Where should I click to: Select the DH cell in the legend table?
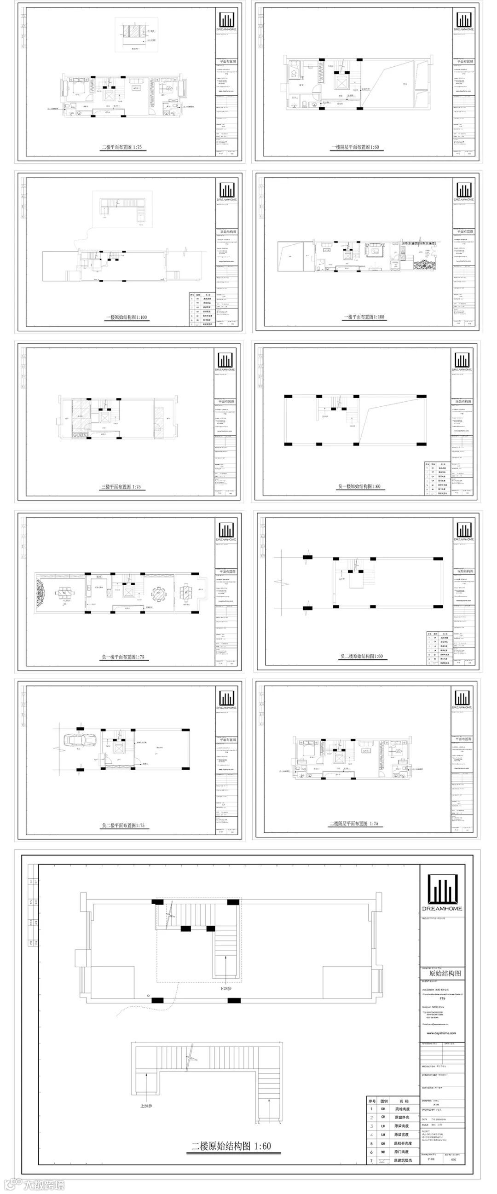tap(383, 1109)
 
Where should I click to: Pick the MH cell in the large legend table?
tap(383, 1152)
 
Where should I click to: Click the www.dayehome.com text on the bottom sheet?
tap(441, 1032)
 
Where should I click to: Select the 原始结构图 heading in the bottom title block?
tap(445, 973)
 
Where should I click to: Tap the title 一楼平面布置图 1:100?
tap(364, 317)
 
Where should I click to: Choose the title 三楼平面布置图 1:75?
tap(121, 487)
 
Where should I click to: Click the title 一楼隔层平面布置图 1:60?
tap(355, 147)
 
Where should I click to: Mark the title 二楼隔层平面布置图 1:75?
tap(354, 824)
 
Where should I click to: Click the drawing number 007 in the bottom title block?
tap(453, 1159)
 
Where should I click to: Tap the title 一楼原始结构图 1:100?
tap(127, 317)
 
